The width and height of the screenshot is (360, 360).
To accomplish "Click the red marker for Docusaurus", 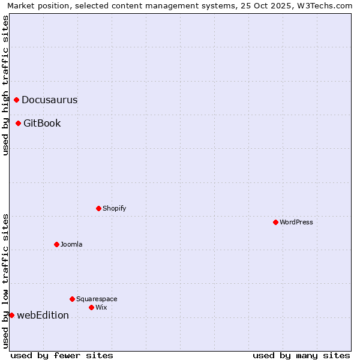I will click(x=17, y=100).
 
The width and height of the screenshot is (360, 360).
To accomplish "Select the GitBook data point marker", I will click(x=19, y=123).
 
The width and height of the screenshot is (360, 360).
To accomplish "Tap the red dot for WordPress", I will click(x=275, y=222).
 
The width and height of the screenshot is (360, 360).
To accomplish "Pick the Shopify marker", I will click(x=99, y=208).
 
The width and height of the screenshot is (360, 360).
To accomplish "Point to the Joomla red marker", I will click(x=57, y=244).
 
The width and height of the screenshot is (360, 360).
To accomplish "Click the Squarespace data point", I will click(x=73, y=299).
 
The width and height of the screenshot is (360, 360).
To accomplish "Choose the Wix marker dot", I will click(x=92, y=307).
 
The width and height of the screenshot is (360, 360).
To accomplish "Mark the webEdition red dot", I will click(x=11, y=315).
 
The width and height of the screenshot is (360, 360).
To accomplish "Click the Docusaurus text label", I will click(x=49, y=100).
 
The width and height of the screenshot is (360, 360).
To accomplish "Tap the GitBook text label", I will click(x=42, y=124).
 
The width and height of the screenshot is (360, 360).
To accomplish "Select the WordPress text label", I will click(x=296, y=222).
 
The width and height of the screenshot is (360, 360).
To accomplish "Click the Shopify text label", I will click(x=115, y=208).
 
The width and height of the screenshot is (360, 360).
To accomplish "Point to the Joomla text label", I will click(x=71, y=244).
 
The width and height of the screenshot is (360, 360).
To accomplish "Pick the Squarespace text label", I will click(x=97, y=299).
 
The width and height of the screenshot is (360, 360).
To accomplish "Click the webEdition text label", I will click(x=43, y=316).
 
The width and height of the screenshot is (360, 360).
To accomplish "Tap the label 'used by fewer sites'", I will click(x=62, y=355).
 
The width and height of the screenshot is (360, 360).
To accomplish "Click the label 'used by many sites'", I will click(x=301, y=355).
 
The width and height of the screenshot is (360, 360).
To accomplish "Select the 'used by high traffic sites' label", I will click(x=5, y=85).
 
